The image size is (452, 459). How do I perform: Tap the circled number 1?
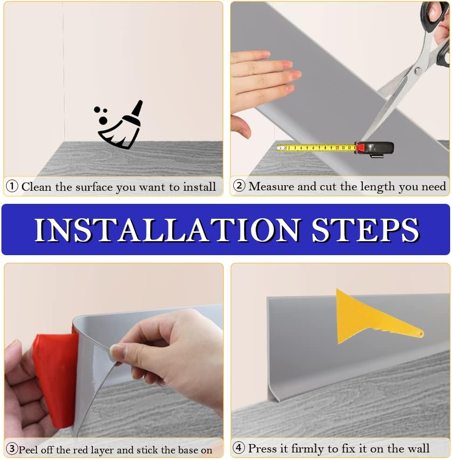coord(12,186)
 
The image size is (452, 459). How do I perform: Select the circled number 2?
coord(239,186)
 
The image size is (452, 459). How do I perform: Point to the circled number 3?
coord(12,449)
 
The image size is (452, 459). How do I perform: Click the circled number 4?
coord(239,448)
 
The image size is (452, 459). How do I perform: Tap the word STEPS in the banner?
coord(366,230)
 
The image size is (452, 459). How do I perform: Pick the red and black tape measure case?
coord(374,149)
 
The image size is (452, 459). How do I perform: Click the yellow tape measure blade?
coord(316,148)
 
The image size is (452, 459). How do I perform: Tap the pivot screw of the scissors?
coord(418,70)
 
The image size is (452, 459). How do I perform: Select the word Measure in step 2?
coord(271,186)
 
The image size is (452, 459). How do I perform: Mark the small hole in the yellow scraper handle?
coord(420,334)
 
